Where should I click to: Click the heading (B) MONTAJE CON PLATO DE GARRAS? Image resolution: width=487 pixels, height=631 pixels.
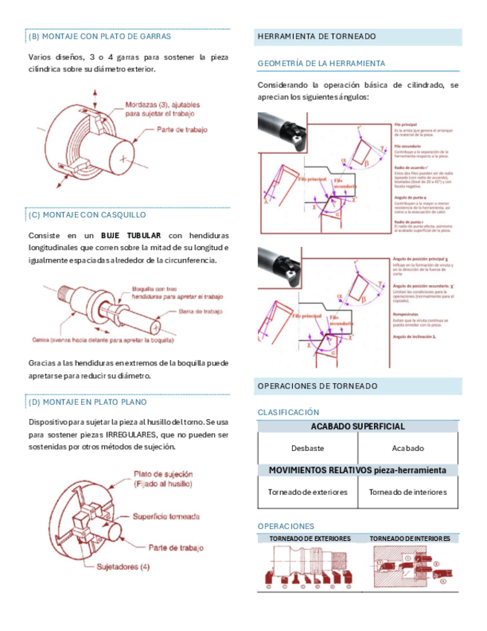click(100, 36)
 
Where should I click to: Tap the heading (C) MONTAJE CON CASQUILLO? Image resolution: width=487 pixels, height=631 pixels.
click(87, 214)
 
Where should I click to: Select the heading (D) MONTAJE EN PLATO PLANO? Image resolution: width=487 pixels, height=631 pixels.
click(88, 402)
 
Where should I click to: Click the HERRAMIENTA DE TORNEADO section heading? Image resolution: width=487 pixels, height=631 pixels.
click(316, 36)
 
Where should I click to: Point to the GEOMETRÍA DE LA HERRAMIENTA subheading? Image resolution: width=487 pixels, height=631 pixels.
click(321, 63)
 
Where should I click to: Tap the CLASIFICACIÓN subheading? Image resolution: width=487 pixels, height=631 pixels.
click(288, 411)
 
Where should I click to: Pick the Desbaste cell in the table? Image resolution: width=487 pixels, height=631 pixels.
click(307, 448)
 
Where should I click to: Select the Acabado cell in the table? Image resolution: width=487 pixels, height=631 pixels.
click(407, 448)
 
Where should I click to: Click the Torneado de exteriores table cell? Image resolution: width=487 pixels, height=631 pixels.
click(307, 492)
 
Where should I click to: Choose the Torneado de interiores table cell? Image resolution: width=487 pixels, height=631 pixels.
click(407, 492)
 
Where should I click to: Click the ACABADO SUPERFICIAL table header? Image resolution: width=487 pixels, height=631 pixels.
click(358, 426)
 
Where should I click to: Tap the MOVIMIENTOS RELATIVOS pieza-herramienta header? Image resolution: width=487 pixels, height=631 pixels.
click(358, 470)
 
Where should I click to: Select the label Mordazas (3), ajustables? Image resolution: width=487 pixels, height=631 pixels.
click(162, 106)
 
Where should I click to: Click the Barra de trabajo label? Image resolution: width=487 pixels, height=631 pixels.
click(200, 312)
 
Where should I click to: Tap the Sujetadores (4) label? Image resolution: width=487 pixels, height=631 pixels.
click(123, 566)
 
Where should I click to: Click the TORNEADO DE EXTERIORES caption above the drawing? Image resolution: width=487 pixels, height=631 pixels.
click(309, 538)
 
